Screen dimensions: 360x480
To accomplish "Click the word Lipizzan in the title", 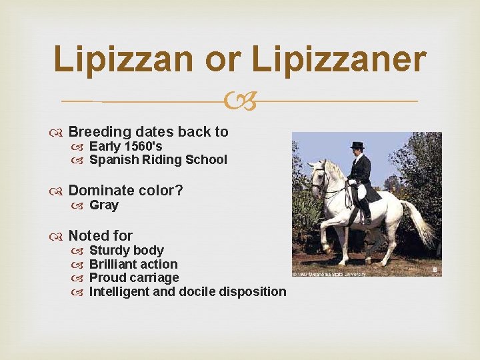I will click(x=123, y=59).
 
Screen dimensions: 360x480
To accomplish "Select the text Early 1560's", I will click(x=125, y=146).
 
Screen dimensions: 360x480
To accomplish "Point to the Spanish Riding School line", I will click(x=158, y=160).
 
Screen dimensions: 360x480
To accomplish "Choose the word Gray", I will click(x=104, y=205).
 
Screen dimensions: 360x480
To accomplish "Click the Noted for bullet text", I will click(x=100, y=235).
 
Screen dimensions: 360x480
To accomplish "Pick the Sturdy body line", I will click(x=126, y=251).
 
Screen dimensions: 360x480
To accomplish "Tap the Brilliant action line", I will click(x=133, y=265).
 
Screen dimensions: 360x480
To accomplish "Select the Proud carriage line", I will click(x=134, y=278).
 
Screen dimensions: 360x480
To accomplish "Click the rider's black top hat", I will click(x=357, y=145).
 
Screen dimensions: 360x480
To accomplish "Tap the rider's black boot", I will click(x=366, y=213).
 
